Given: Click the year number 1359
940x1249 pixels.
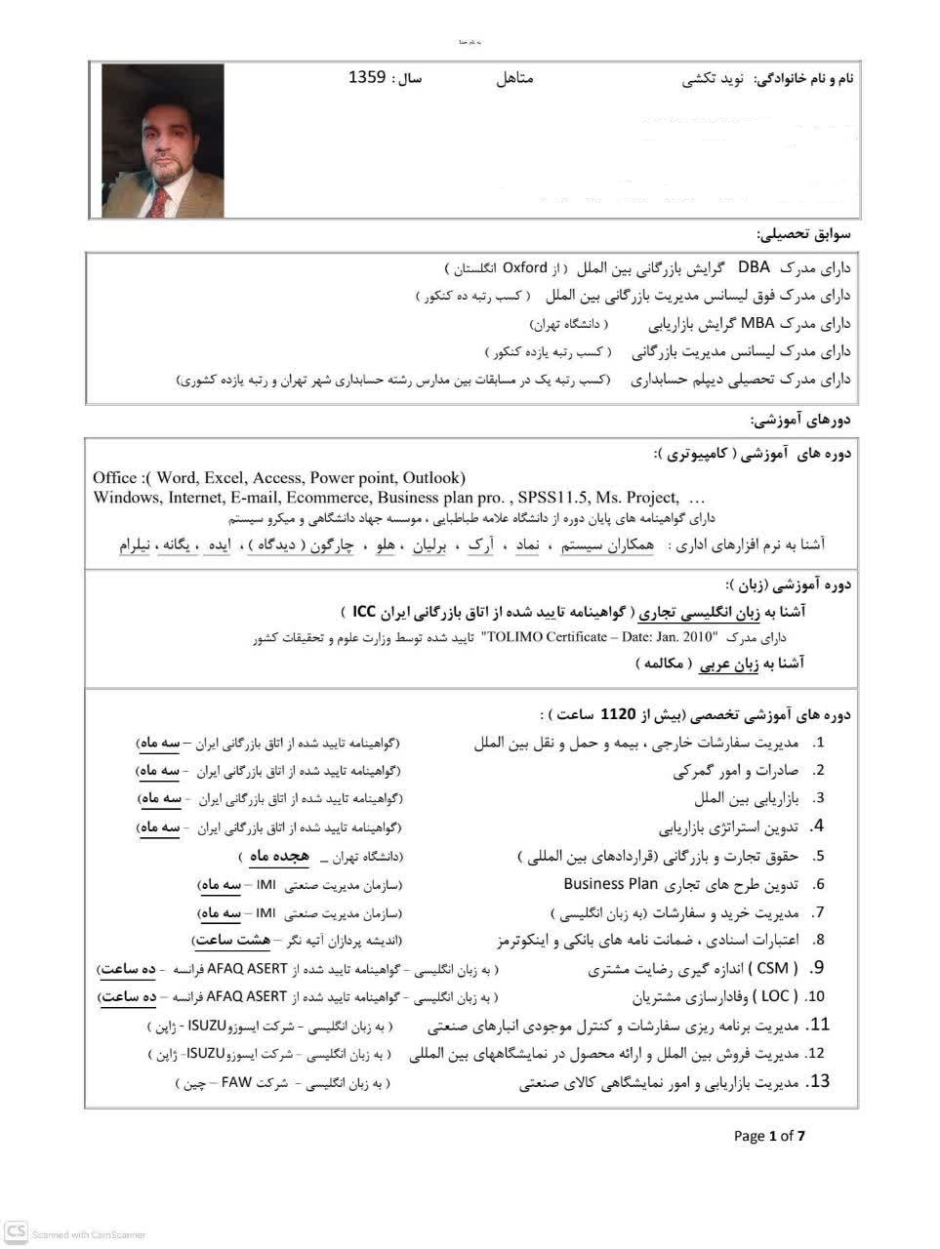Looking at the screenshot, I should [x=367, y=77].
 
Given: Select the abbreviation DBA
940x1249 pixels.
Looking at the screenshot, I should [x=754, y=266].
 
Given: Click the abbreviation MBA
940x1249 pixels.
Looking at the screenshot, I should [x=757, y=323].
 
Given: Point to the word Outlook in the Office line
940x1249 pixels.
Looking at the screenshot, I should [x=430, y=477].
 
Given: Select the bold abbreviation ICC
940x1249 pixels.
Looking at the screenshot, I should [x=364, y=611].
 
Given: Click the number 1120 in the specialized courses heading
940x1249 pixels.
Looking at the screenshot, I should [x=618, y=713].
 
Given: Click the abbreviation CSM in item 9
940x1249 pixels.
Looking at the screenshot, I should [x=773, y=968].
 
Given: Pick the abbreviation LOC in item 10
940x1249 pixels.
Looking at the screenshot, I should [x=775, y=996].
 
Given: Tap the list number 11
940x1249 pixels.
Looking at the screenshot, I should [x=820, y=1025].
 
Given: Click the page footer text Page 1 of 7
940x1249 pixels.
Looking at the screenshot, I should [x=769, y=1135].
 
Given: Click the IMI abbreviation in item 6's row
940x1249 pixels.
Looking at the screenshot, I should [x=266, y=885].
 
